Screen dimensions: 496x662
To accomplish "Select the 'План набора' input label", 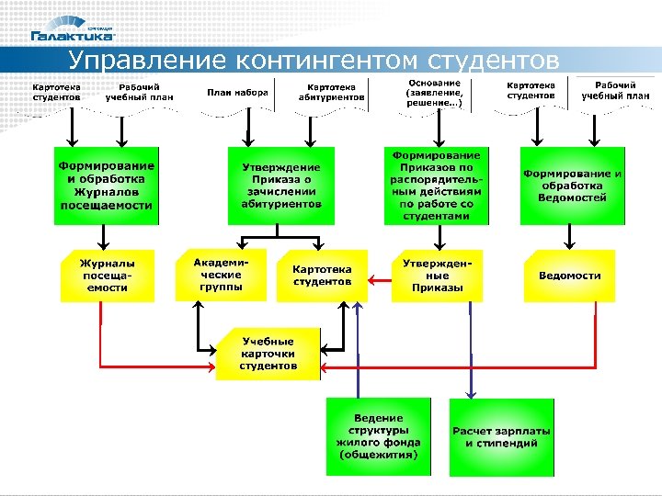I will [x=237, y=93].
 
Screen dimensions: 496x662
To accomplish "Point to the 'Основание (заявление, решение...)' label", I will [x=435, y=93].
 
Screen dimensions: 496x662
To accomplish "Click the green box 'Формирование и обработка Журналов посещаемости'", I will [x=107, y=186].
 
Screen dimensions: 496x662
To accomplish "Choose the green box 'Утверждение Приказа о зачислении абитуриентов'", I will [x=281, y=186].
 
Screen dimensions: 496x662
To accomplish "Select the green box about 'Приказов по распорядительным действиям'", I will [x=436, y=186].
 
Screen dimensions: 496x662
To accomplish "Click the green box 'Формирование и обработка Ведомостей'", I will [x=572, y=186].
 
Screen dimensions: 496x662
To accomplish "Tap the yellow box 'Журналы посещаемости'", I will [x=107, y=275].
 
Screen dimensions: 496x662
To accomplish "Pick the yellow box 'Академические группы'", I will [x=221, y=275].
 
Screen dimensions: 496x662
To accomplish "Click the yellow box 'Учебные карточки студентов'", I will [x=268, y=354].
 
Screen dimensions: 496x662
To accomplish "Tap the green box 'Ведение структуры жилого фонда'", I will [x=378, y=436].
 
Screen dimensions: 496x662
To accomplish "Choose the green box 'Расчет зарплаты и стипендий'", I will [x=501, y=436].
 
